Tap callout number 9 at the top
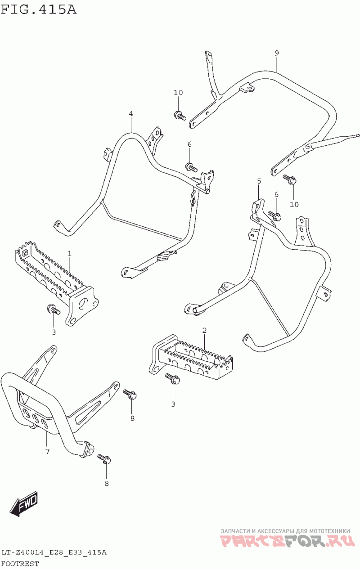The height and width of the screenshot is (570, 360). pos(277,53)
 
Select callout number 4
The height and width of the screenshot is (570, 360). pos(131,114)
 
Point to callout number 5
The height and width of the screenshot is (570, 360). pos(259,181)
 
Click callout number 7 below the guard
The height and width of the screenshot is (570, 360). pos(47,451)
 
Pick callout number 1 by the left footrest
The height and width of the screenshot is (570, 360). pos(70,254)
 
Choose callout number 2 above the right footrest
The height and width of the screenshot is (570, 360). pos(204,331)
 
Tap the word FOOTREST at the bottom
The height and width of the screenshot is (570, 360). pos(20,563)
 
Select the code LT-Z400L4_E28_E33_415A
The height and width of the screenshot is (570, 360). pos(54,552)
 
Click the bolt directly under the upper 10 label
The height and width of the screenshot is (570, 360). pos(179,115)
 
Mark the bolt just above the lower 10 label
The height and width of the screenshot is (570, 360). pos(289,180)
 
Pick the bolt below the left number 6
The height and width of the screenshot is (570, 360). pos(191,167)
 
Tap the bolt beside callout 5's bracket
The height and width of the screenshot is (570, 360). pos(274,215)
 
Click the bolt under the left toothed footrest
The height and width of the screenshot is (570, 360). pos(53,310)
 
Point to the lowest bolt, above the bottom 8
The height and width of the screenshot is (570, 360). pos(104,458)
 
